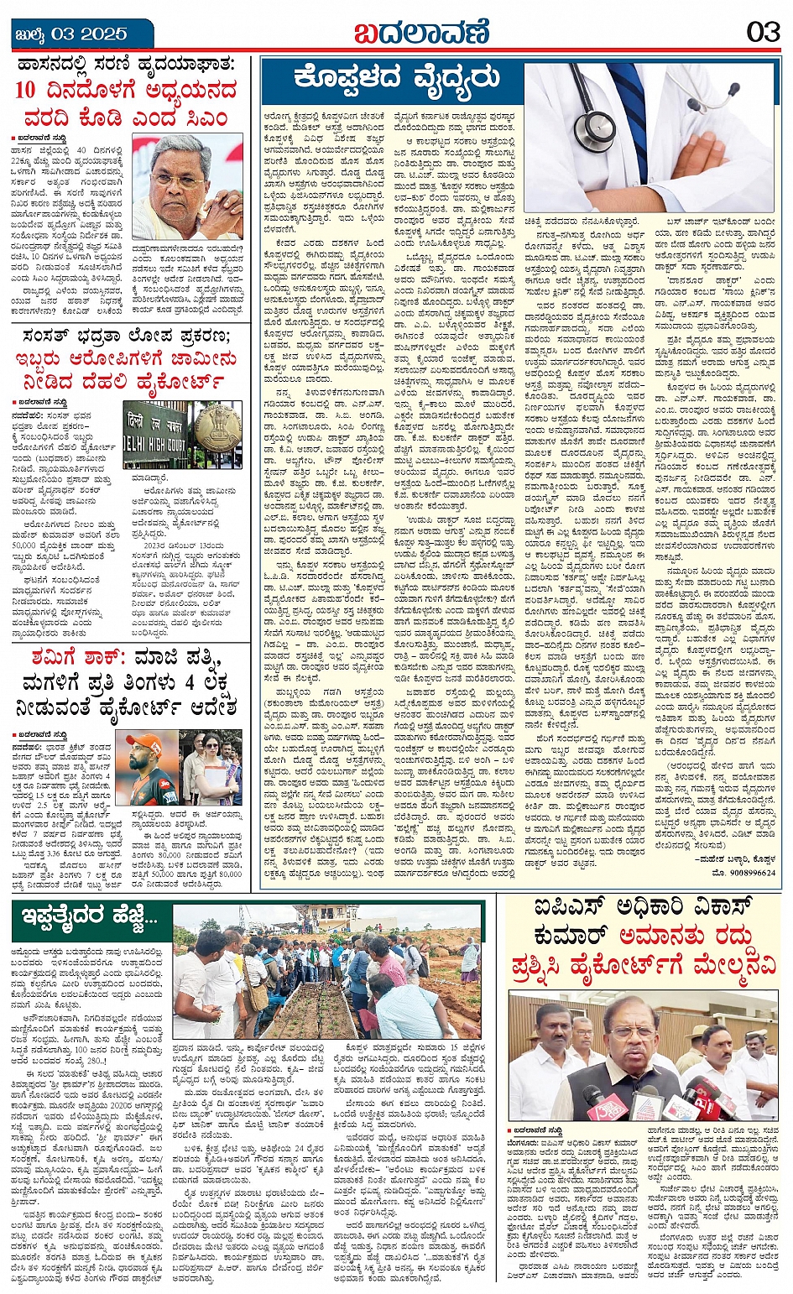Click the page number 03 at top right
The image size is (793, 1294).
pos(763,33)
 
